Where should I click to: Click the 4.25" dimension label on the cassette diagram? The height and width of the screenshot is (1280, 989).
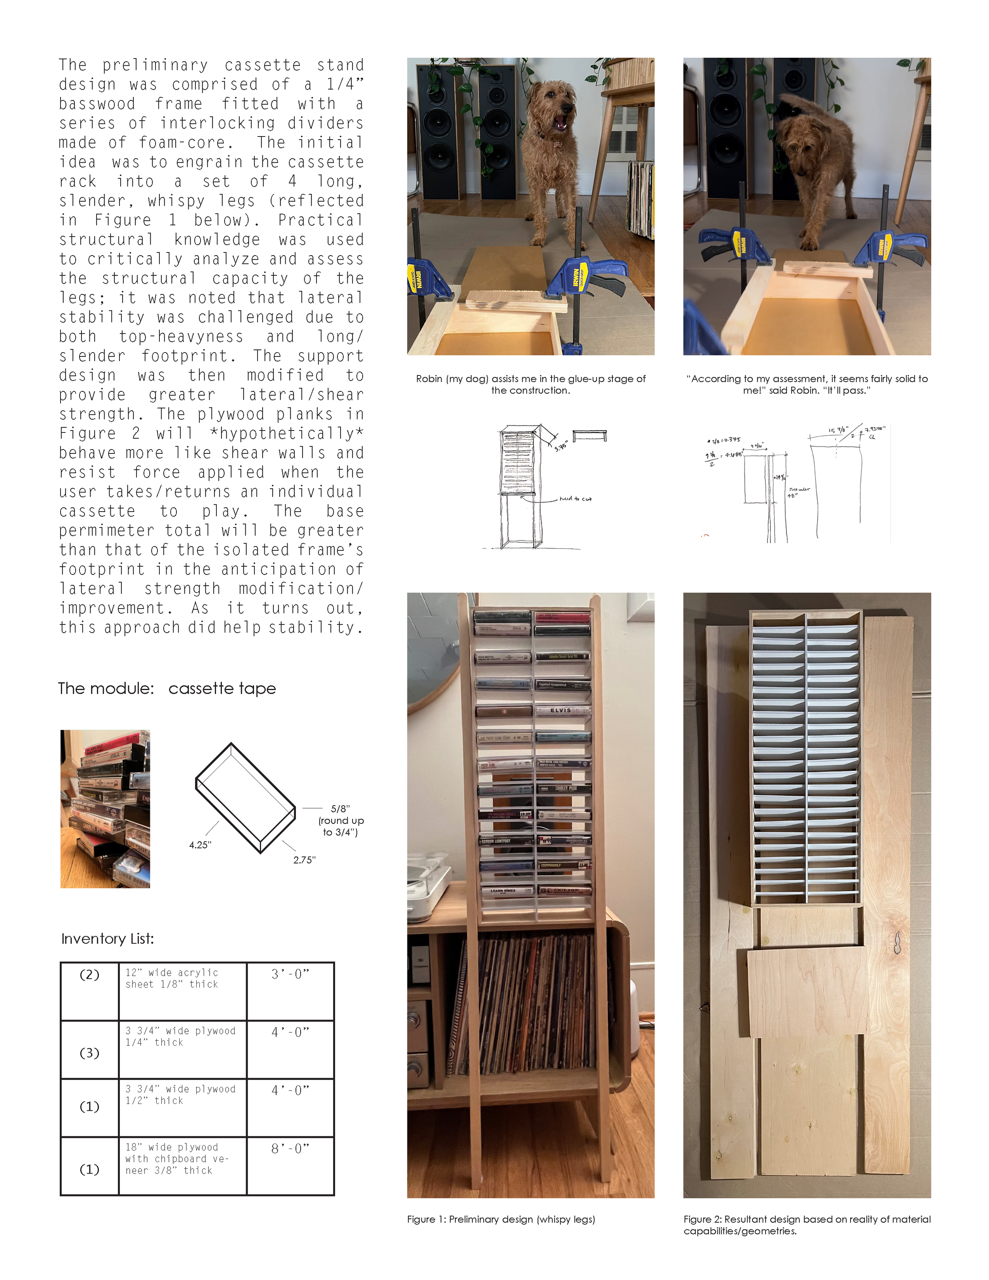click(200, 844)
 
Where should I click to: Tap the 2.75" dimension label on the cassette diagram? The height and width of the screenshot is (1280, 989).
click(304, 860)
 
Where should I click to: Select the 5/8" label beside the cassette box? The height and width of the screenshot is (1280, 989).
click(340, 809)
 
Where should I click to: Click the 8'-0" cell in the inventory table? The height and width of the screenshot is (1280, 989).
click(290, 1149)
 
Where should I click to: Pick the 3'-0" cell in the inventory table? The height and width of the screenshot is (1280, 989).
click(290, 974)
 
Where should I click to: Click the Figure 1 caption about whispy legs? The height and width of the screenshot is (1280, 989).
click(501, 1219)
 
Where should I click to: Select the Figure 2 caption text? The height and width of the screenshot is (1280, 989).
click(806, 1225)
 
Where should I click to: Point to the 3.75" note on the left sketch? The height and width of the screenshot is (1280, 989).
click(561, 446)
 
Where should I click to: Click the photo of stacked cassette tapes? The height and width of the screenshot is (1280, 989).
click(106, 809)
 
